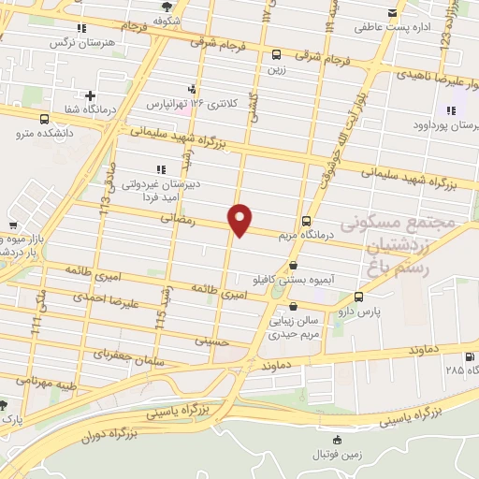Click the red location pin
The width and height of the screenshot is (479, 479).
click(240, 220)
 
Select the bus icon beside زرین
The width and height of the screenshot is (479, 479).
click(275, 54)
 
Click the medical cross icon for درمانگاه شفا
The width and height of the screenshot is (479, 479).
click(90, 94)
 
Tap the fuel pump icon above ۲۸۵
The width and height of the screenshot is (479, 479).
click(469, 356)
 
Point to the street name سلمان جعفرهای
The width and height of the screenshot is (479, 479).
click(130, 358)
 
